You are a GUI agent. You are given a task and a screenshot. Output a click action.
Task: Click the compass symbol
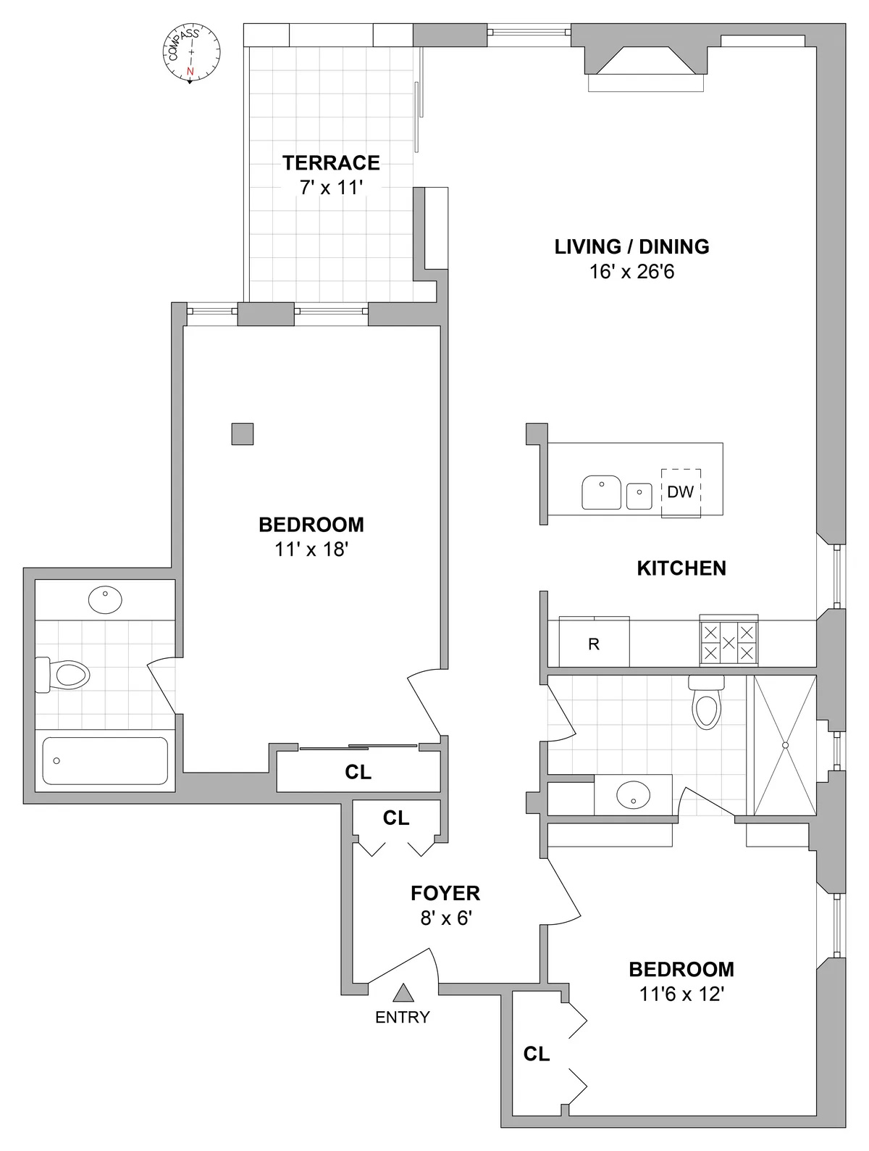click(190, 54)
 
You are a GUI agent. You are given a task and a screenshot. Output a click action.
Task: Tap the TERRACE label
click(331, 162)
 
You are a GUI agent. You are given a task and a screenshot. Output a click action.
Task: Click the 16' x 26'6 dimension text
click(631, 272)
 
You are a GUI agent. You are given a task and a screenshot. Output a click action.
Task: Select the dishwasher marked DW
click(681, 492)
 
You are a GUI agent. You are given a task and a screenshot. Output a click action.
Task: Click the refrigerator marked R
click(594, 644)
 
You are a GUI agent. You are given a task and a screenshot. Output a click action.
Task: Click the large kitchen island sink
click(601, 492)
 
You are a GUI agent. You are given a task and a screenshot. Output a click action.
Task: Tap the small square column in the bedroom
click(243, 433)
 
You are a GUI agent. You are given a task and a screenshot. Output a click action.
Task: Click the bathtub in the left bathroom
click(105, 760)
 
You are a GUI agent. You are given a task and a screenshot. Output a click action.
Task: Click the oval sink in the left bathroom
click(105, 599)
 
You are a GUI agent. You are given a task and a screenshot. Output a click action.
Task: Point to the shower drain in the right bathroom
click(785, 745)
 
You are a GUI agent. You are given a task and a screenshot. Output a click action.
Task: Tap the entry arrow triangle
click(403, 992)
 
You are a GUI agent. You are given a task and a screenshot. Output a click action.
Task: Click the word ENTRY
click(402, 1017)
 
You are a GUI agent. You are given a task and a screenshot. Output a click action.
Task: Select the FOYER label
click(445, 893)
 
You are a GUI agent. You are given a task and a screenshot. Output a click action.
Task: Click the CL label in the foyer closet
click(396, 818)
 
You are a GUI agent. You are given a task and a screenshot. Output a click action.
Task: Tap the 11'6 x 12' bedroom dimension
click(681, 994)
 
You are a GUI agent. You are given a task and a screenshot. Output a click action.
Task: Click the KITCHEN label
click(681, 568)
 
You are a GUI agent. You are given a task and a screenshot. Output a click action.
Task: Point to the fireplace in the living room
click(645, 65)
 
